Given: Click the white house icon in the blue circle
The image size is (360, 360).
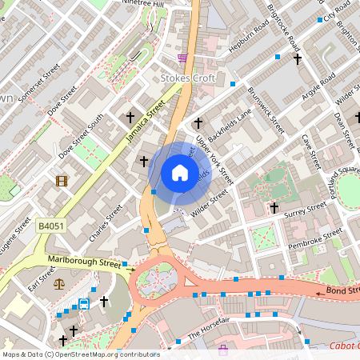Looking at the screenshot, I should click(x=179, y=172).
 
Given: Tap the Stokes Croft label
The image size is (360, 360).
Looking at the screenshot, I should click(x=186, y=78).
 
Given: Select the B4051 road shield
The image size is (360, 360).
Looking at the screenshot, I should click(x=50, y=228).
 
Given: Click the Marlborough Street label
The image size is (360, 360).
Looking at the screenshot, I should click(x=84, y=263).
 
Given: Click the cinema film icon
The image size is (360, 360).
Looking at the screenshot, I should click(x=62, y=180).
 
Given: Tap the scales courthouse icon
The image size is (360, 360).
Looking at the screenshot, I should click(x=58, y=283).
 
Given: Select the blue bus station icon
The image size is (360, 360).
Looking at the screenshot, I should click(x=84, y=305).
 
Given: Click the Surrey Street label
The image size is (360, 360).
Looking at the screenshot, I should click(x=305, y=210).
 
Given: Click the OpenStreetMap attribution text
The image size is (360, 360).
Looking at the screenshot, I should click(x=80, y=354).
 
